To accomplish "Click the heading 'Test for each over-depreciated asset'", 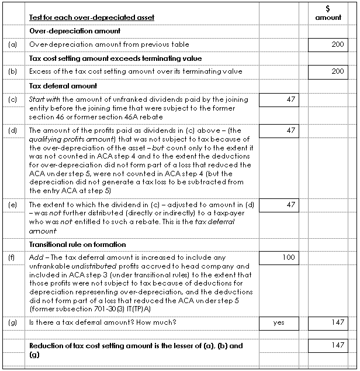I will pyautogui.click(x=92, y=18).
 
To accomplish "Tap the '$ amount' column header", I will pyautogui.click(x=327, y=13).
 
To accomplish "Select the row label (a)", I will pyautogui.click(x=13, y=44).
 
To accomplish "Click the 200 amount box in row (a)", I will pyautogui.click(x=327, y=44).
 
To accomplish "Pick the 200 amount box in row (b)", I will pyautogui.click(x=327, y=71).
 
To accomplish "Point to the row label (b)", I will pyautogui.click(x=13, y=71).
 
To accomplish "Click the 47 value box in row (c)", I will pyautogui.click(x=278, y=100).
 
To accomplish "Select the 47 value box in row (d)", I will pyautogui.click(x=278, y=130).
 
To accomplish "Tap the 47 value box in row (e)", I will pyautogui.click(x=278, y=205).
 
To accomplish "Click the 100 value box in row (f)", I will pyautogui.click(x=278, y=258).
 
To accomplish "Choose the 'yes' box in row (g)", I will pyautogui.click(x=278, y=322).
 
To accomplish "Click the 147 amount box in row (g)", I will pyautogui.click(x=327, y=322).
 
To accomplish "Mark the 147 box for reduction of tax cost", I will pyautogui.click(x=327, y=346).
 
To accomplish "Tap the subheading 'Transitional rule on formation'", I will pyautogui.click(x=78, y=245).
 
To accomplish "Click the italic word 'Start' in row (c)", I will pyautogui.click(x=36, y=100).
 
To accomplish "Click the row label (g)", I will pyautogui.click(x=13, y=322).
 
